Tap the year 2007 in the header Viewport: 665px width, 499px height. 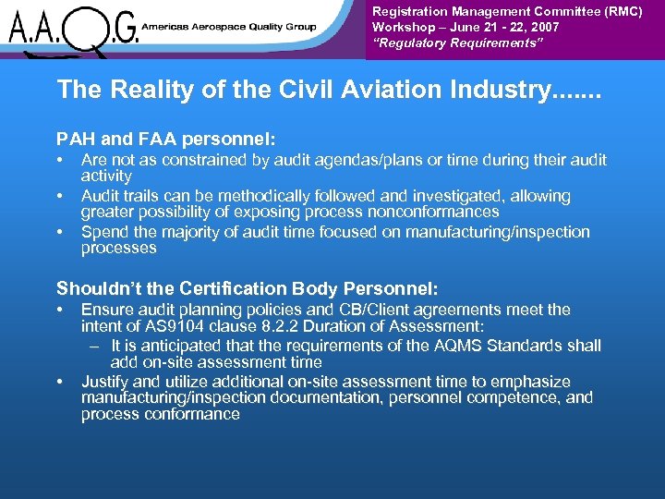click(542, 28)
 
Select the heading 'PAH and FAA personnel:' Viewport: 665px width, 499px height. click(166, 140)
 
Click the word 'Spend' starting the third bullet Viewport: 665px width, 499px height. click(103, 232)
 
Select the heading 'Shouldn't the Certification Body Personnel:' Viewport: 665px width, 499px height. click(248, 288)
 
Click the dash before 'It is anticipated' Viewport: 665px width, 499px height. click(95, 346)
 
